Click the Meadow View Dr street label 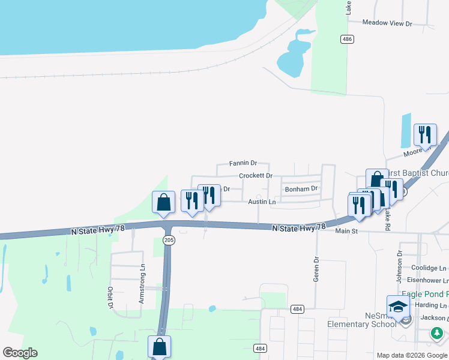387,23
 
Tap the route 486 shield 346,39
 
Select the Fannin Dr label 243,163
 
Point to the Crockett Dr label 256,176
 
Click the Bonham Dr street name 301,188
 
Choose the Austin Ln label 262,202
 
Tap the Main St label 346,230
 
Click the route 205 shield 169,240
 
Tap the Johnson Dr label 399,261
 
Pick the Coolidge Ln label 429,268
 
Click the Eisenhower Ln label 429,280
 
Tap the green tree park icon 438,332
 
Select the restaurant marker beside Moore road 425,135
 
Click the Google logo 20,353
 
